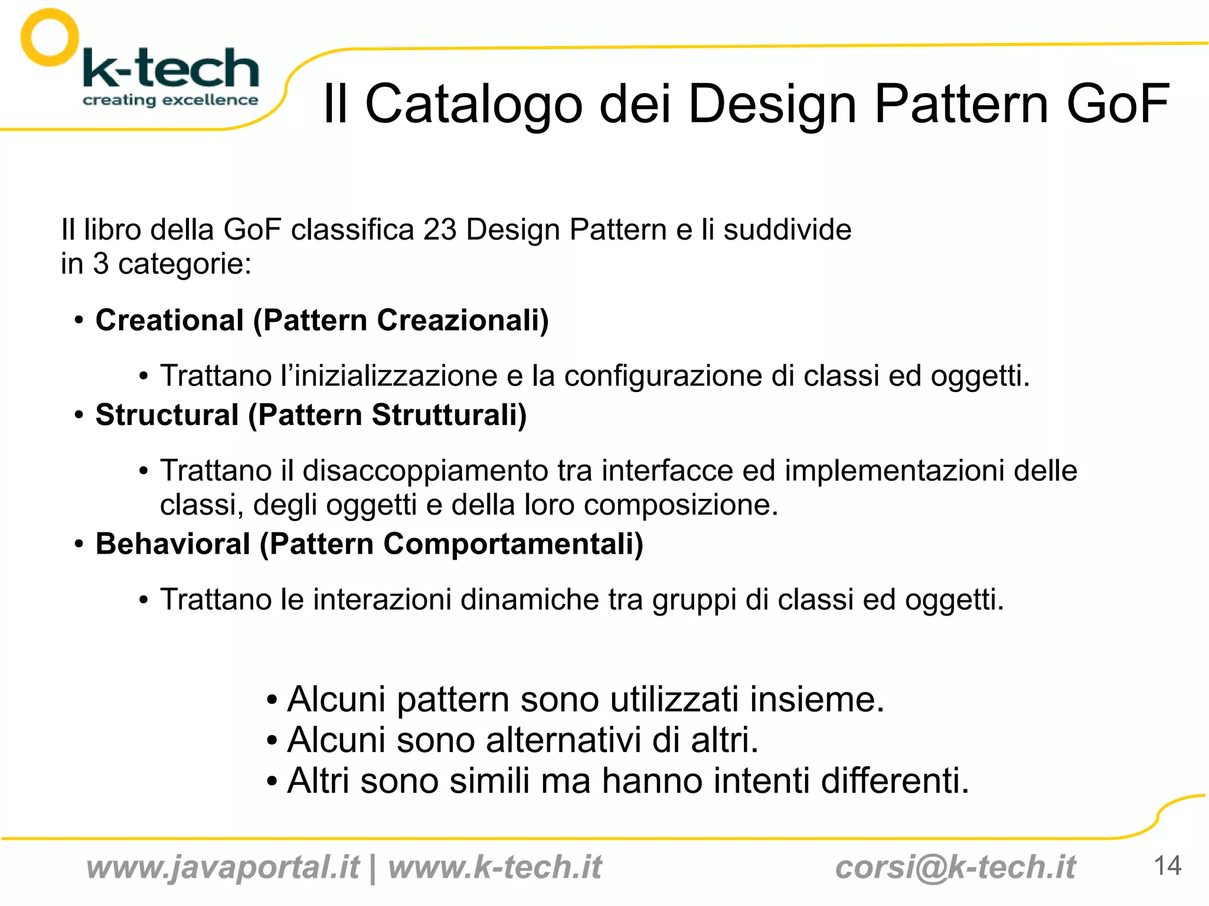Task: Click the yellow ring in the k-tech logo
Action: pos(50,37)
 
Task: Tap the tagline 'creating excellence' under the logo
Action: pos(170,100)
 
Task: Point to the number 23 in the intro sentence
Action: pos(440,230)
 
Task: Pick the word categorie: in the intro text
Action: pos(185,264)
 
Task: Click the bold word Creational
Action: pos(169,320)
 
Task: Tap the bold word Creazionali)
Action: pos(463,320)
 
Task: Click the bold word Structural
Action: pos(166,415)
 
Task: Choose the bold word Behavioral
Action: pos(173,544)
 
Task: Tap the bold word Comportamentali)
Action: pos(513,544)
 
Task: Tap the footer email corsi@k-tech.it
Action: pos(955,868)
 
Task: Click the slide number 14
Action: pos(1167,866)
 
